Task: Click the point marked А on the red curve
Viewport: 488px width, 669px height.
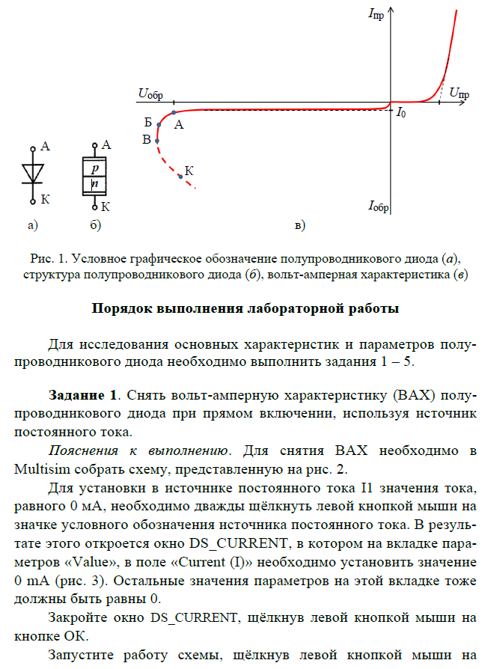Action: tap(174, 113)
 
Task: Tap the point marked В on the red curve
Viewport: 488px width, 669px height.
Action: tap(156, 139)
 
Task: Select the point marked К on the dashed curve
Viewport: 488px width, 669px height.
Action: tap(180, 177)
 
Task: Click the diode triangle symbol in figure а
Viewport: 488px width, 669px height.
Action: tap(32, 173)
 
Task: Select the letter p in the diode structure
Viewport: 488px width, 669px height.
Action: tap(95, 169)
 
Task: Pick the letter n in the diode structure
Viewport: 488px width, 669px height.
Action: tap(95, 183)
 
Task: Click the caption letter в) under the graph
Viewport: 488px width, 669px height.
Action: tap(300, 224)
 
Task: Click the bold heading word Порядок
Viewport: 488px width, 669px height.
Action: tap(120, 308)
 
